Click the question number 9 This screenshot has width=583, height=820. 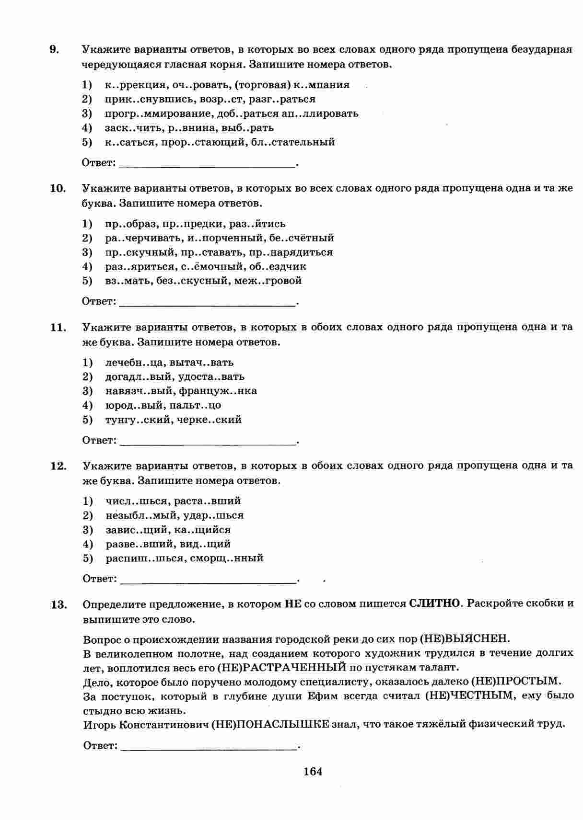[54, 49]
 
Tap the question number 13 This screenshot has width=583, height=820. [58, 605]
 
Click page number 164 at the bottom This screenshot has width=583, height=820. [313, 771]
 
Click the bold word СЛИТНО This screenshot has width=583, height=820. [434, 604]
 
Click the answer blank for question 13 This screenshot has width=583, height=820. [209, 747]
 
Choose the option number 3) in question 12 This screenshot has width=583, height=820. [88, 530]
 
